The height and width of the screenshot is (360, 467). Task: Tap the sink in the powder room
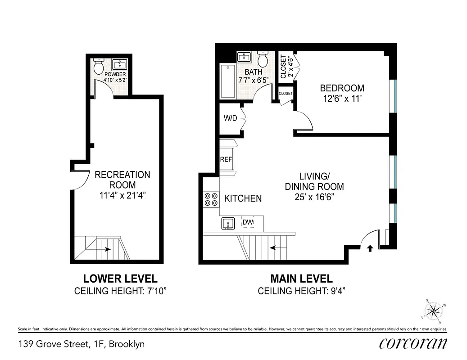(x=120, y=64)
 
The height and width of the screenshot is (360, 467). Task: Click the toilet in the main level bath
(x=263, y=59)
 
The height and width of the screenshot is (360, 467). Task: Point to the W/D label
(x=231, y=119)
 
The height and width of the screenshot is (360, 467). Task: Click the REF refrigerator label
(x=226, y=159)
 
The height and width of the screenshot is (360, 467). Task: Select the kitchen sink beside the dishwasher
(x=228, y=223)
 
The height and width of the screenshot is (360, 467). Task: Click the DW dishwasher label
(x=247, y=222)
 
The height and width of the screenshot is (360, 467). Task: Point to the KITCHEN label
(x=243, y=198)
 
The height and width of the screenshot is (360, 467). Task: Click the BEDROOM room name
(x=342, y=88)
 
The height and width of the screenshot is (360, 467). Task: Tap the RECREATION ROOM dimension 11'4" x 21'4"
(x=122, y=195)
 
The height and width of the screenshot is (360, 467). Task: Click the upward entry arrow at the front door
(x=370, y=248)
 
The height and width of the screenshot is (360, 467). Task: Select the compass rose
(x=434, y=310)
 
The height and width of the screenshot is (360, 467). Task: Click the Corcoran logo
(x=413, y=343)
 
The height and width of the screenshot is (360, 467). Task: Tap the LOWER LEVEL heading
(x=120, y=279)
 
